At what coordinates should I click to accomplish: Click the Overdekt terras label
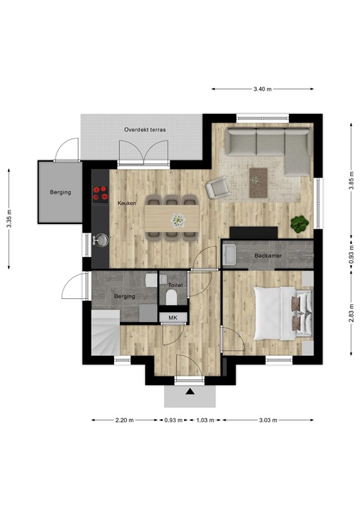(x=145, y=130)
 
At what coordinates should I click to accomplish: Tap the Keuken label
(x=127, y=203)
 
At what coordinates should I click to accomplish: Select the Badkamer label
(x=269, y=254)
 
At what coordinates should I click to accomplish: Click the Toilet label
(x=174, y=284)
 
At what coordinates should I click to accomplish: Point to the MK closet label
(x=173, y=318)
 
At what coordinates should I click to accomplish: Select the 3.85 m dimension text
(x=351, y=186)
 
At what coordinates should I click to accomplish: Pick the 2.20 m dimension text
(x=125, y=420)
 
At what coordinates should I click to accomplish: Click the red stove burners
(x=101, y=194)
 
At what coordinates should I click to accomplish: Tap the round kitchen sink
(x=101, y=239)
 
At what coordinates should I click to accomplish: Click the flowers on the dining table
(x=177, y=219)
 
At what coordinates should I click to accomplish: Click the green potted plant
(x=300, y=224)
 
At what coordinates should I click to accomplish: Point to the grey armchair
(x=217, y=190)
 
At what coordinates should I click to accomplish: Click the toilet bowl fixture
(x=174, y=296)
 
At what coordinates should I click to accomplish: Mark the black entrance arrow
(x=190, y=392)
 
